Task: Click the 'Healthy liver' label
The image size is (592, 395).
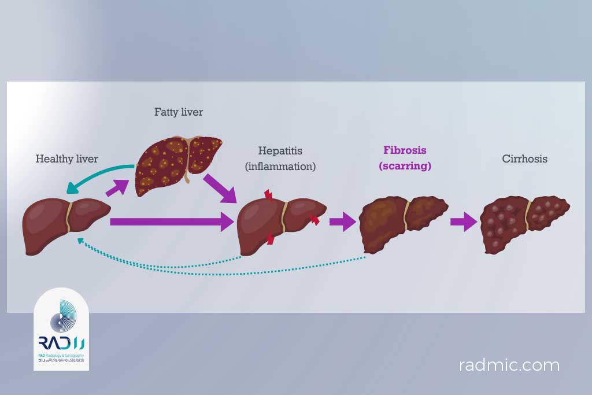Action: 66,158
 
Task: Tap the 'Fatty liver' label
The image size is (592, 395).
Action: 178,112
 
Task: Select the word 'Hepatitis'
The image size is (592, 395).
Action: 280,152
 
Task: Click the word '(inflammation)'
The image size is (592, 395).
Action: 280,167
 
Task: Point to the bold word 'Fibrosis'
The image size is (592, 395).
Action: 405,150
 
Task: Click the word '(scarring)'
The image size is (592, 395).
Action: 405,165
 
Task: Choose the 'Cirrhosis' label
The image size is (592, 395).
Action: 524,158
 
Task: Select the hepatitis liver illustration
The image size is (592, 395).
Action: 280,223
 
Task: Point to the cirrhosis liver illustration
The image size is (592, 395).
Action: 523,223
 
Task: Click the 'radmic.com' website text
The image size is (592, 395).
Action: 509,366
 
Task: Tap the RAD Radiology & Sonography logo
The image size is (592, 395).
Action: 61,330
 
